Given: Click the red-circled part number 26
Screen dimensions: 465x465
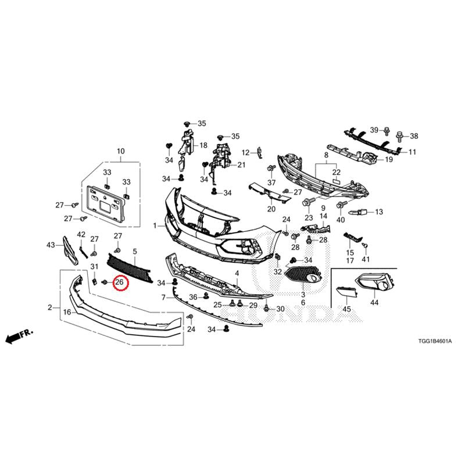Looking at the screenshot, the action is tap(119, 282).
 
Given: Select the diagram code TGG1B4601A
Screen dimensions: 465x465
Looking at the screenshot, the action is tap(435, 341).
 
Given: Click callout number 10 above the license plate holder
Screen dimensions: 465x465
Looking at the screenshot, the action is tap(121, 151).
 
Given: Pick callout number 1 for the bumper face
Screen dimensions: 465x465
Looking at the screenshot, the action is tap(155, 226).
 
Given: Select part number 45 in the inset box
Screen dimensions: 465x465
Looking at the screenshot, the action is tap(346, 309).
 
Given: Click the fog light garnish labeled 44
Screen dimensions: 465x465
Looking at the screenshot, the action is tap(375, 282).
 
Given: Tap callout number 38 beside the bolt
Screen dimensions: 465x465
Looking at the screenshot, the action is tap(414, 136).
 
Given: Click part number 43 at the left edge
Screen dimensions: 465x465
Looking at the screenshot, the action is tap(51, 245).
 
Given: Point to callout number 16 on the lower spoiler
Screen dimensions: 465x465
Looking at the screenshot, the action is tap(67, 312).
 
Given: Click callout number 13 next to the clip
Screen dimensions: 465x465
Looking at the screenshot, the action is tap(379, 212).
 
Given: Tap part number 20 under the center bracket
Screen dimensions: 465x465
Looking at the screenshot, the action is tap(271, 209).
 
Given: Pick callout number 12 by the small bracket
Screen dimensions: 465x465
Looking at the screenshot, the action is tap(246, 153).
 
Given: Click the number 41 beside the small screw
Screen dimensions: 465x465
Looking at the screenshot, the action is tap(366, 259).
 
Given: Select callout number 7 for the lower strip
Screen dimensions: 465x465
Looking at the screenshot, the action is tap(163, 297).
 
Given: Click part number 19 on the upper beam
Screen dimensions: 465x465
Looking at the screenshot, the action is tap(388, 159).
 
